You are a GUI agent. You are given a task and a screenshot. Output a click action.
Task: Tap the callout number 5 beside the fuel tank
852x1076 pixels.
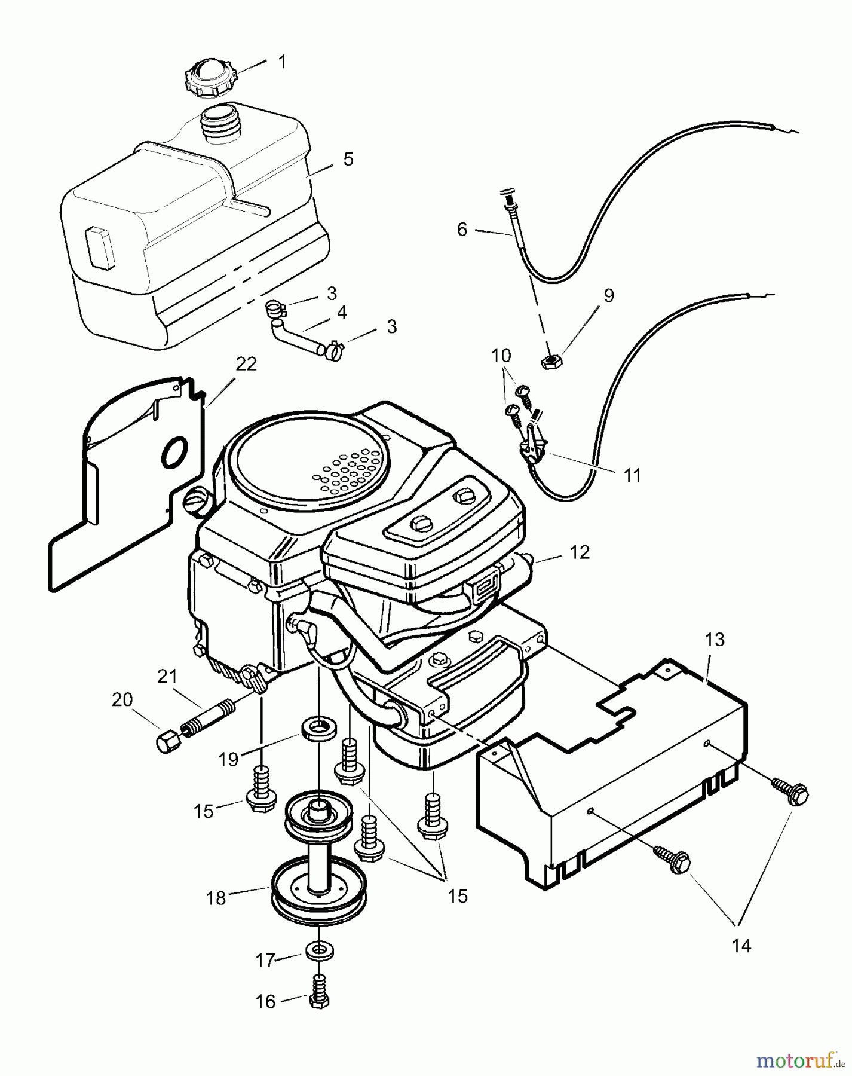click(x=348, y=159)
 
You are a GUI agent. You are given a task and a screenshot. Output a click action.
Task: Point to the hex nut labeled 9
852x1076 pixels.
click(x=550, y=362)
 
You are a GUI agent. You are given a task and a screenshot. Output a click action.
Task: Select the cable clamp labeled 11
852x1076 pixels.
click(x=536, y=447)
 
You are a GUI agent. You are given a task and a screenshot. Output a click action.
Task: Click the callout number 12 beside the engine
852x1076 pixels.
click(x=580, y=552)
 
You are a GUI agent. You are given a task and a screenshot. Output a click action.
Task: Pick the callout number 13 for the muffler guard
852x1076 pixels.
click(x=715, y=640)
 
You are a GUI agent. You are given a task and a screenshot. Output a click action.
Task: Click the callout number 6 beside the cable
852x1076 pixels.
click(x=462, y=230)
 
